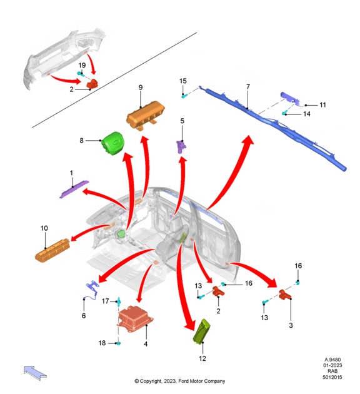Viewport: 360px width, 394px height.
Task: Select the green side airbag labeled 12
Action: (x=204, y=333)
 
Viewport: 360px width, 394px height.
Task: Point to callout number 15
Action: (x=183, y=81)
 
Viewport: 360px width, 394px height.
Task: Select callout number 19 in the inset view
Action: (x=82, y=65)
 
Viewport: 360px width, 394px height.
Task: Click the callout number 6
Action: (x=83, y=316)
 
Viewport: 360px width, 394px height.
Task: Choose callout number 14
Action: (x=306, y=114)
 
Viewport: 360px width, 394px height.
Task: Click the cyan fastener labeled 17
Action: (x=118, y=302)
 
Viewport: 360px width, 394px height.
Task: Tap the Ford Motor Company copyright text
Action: (x=180, y=381)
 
